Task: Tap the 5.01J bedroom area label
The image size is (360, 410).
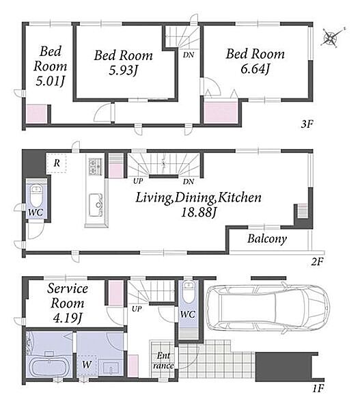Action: click(x=50, y=81)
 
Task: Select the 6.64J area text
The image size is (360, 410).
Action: click(x=255, y=69)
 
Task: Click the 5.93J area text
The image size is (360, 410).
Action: click(x=123, y=70)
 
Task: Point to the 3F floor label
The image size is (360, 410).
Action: click(x=307, y=124)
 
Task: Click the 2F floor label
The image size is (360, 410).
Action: click(x=318, y=262)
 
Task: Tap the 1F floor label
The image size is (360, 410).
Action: click(x=318, y=389)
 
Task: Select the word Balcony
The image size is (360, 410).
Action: click(x=267, y=238)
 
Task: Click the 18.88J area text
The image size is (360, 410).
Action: click(x=199, y=213)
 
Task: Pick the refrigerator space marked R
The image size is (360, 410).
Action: click(x=57, y=163)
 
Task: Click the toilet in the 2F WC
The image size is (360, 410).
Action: click(x=36, y=195)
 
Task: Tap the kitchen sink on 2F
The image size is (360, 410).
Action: click(x=96, y=205)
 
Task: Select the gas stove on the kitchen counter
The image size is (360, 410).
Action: click(x=94, y=166)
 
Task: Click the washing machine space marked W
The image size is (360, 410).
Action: click(x=87, y=364)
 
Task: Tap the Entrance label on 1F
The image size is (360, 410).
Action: click(x=163, y=361)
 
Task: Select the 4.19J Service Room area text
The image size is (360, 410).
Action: click(x=68, y=318)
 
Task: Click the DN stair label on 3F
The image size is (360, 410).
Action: click(x=189, y=55)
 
